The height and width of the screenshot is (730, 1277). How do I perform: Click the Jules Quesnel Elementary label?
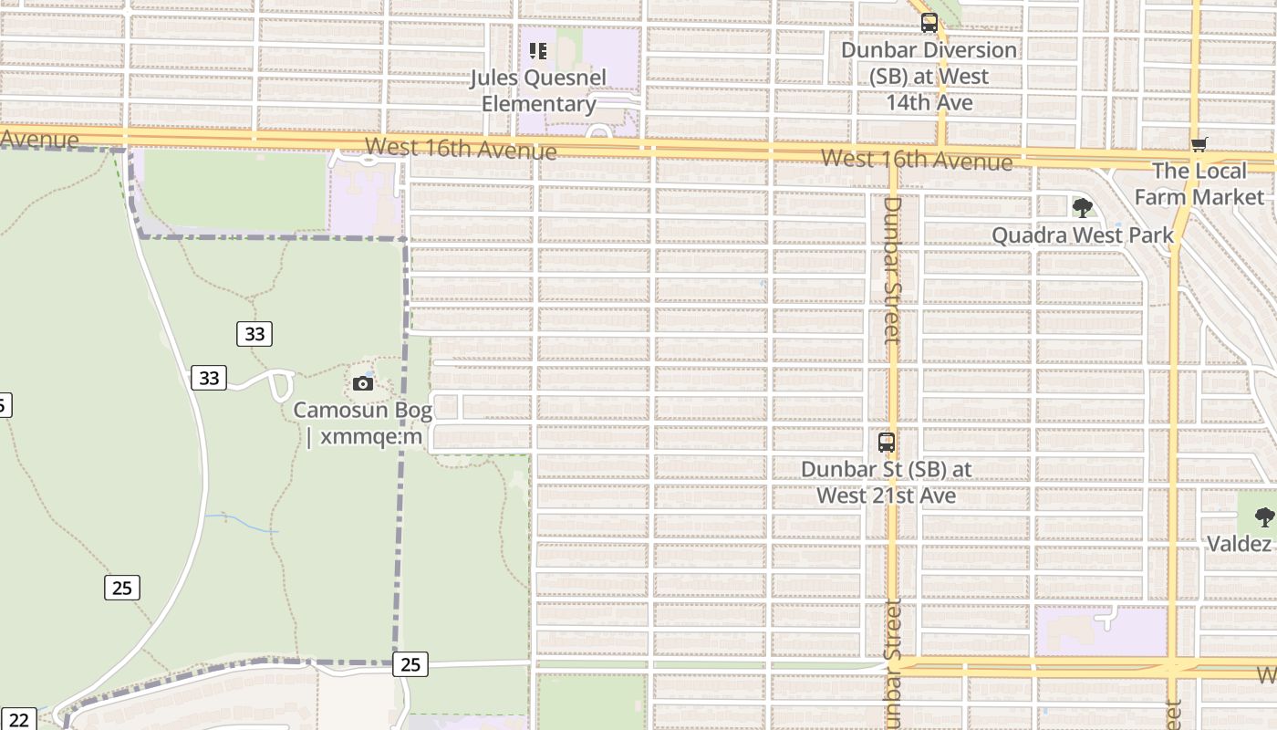pos(538,90)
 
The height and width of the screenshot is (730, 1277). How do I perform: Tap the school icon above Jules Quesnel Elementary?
pos(538,51)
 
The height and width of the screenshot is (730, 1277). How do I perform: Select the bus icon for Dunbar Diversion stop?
pos(929,23)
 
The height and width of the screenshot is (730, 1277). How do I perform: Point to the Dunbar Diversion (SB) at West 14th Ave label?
pos(929,76)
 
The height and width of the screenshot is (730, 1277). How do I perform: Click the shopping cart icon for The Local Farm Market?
pos(1199,144)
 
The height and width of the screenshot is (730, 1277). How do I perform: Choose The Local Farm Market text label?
pos(1199,183)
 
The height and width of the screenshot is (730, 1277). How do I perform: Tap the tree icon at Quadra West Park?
pos(1083,208)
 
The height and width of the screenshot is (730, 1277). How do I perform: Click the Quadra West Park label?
pos(1083,235)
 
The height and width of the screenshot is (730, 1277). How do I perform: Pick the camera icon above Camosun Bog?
pos(363,383)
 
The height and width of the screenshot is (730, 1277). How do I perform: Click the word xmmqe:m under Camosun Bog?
pos(371,436)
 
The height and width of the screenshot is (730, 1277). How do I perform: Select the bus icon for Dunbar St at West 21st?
pos(887,443)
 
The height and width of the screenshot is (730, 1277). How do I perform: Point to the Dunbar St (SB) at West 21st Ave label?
pos(887,482)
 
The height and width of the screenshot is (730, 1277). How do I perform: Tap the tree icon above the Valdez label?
pos(1264,517)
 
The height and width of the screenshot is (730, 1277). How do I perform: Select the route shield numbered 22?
pos(19,719)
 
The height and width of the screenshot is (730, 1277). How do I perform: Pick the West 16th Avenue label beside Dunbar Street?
pos(916,160)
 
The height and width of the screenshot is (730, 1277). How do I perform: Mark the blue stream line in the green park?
pos(242,522)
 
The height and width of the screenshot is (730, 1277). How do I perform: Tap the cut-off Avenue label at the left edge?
pos(39,140)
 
